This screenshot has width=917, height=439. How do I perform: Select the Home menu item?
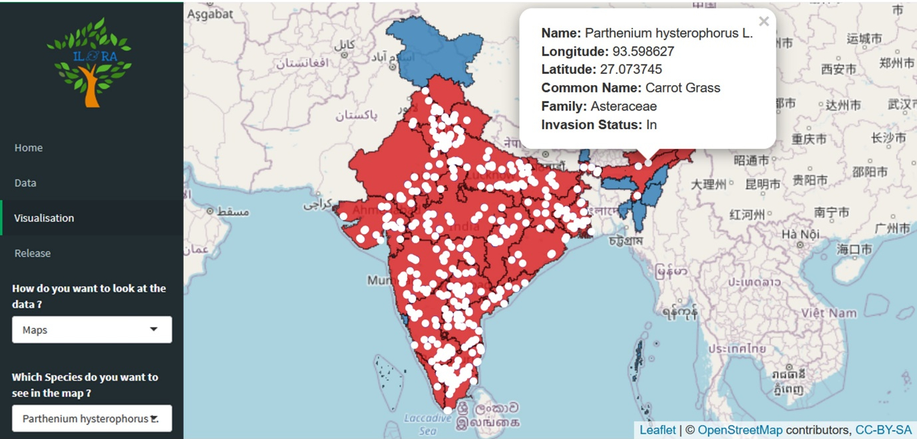[29, 148]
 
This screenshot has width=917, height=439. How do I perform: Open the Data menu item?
[25, 183]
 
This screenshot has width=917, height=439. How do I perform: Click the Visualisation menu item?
[44, 218]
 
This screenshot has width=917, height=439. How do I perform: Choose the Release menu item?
[33, 253]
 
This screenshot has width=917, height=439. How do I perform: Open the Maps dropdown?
[92, 330]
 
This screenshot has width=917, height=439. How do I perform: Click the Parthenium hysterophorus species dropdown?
[92, 419]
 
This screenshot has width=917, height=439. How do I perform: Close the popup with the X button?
[763, 21]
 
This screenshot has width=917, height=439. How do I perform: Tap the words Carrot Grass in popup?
[683, 88]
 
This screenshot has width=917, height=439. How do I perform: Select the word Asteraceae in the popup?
[624, 106]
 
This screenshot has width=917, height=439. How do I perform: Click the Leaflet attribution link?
[657, 430]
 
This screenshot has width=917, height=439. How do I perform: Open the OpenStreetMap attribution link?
[740, 430]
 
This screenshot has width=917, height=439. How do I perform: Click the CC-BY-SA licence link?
[883, 430]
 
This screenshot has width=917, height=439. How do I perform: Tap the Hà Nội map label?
[800, 234]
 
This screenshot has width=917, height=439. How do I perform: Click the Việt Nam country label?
[828, 313]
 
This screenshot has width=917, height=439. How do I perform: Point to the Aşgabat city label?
[210, 13]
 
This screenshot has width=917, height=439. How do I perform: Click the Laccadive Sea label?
[427, 424]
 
